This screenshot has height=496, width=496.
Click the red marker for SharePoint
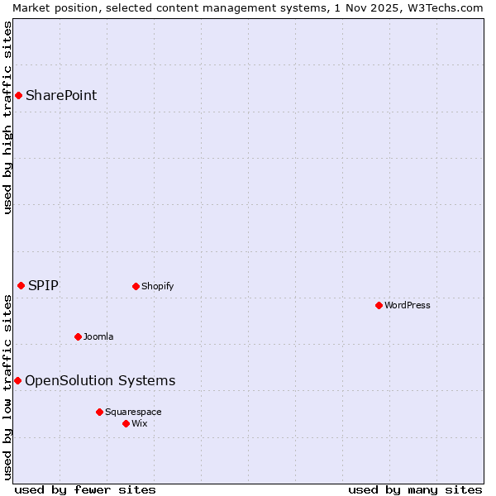tap(18, 95)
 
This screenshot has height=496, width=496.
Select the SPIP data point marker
tap(21, 286)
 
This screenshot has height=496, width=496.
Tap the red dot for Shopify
tap(136, 287)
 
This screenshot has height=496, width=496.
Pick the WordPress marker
tap(379, 306)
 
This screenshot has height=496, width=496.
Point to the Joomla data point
tap(78, 336)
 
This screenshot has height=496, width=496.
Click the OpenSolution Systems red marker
tap(17, 380)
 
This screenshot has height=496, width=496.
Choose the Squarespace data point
tap(99, 412)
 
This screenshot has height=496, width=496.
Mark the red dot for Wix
tap(126, 423)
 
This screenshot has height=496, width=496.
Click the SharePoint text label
tap(61, 95)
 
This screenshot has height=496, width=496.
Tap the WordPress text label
tap(408, 306)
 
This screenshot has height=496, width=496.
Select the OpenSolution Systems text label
tap(100, 380)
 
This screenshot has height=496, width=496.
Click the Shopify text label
tap(157, 287)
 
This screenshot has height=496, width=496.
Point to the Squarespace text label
tap(133, 412)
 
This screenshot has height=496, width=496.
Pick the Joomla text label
tap(98, 336)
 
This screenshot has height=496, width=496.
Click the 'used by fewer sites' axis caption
tap(85, 489)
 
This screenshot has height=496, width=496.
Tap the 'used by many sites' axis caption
tap(415, 489)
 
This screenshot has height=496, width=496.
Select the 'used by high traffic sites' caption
tap(8, 117)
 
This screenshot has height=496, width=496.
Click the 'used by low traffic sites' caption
tap(8, 386)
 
